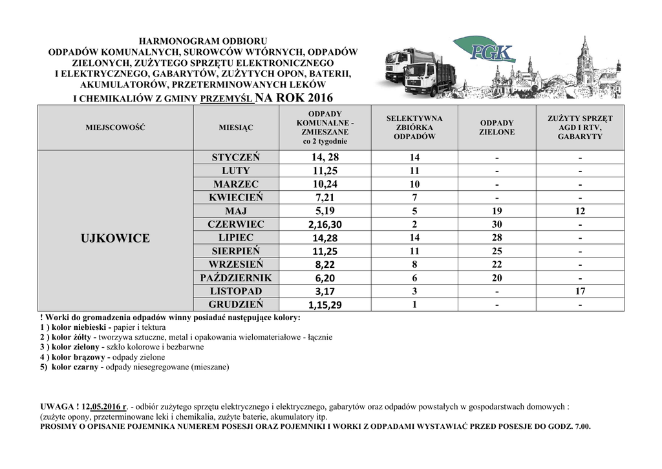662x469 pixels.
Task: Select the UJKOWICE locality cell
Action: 115,238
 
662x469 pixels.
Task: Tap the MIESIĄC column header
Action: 236,127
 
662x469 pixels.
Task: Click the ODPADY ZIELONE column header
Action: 496,127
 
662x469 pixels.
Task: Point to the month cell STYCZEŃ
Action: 236,157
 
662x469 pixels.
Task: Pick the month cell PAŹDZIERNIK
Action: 236,278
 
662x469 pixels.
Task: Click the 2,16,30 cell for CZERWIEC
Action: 325,224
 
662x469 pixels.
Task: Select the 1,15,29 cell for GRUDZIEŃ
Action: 325,305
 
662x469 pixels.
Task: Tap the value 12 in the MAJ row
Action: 580,211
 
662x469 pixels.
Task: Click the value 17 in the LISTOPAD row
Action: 580,291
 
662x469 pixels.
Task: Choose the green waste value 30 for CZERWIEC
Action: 496,224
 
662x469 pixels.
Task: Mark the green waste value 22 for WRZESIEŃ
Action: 496,265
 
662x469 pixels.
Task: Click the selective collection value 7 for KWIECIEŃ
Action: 414,197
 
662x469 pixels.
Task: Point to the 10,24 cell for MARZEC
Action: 325,184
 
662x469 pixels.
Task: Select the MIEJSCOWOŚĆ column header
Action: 115,127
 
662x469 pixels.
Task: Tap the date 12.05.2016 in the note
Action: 105,407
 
